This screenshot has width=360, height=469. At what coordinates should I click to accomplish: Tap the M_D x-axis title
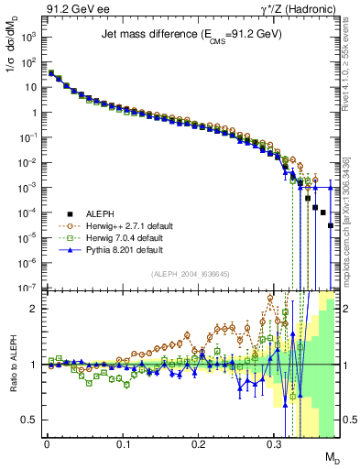(x=333, y=457)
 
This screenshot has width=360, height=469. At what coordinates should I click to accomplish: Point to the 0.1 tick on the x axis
(x=123, y=445)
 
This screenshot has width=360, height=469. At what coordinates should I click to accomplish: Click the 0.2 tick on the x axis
(x=198, y=445)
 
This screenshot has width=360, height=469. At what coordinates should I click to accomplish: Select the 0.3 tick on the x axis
(x=274, y=445)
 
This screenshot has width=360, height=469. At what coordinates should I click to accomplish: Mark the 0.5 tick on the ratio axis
(x=33, y=420)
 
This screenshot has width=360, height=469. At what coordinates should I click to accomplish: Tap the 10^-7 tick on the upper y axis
(x=29, y=287)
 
